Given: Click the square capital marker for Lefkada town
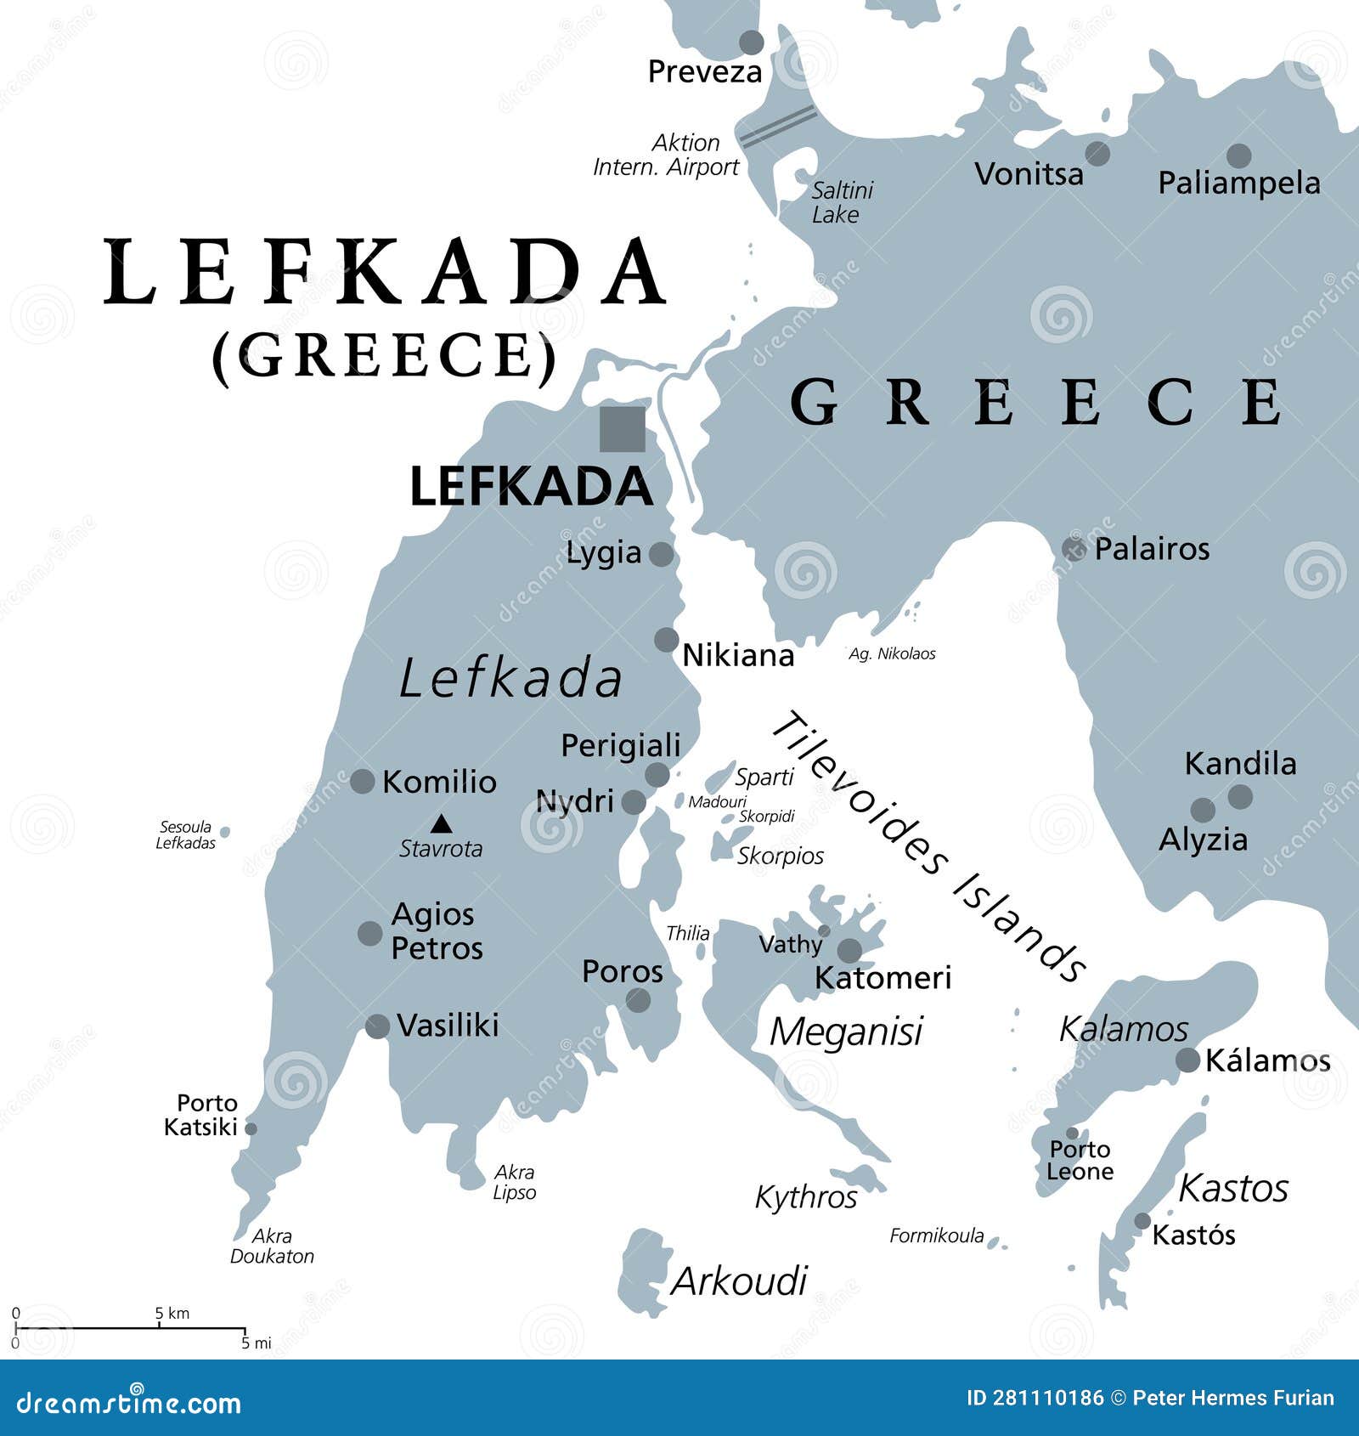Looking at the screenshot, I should click(622, 429).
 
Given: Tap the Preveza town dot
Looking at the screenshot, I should click(751, 42).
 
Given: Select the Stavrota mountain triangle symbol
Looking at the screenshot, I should click(440, 823).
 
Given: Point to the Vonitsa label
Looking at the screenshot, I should click(1029, 174).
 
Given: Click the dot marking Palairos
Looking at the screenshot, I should click(1074, 548).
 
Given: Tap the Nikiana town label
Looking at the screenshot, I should click(738, 655).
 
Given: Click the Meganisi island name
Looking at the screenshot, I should click(845, 1032).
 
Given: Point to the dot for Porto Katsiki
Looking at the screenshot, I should click(251, 1128).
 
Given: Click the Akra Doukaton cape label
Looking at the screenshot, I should click(272, 1246).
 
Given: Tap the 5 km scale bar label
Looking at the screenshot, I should click(172, 1313).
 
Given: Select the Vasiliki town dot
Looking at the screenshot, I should click(377, 1026).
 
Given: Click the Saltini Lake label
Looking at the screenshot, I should click(841, 202).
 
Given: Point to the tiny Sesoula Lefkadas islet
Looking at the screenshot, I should click(224, 831).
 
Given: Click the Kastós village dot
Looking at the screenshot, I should click(1142, 1221).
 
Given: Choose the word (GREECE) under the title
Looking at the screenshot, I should click(384, 355).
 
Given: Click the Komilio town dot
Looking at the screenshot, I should click(363, 781).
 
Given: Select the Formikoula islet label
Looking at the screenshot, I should click(936, 1235).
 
